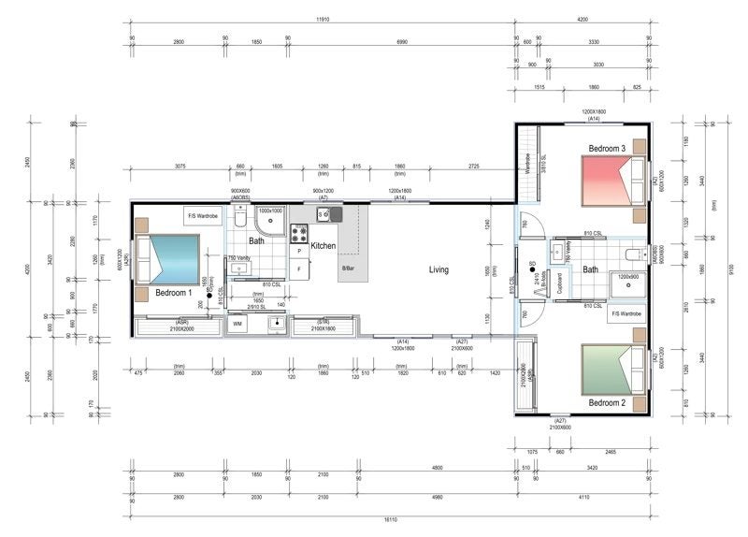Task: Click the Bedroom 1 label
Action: [174, 293]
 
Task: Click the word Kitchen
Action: [324, 246]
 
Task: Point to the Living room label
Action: [439, 270]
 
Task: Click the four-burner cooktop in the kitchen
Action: [300, 232]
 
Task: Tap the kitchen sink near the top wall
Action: [324, 214]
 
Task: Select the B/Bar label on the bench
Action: [349, 268]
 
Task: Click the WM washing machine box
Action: [237, 324]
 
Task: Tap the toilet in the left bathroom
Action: [239, 219]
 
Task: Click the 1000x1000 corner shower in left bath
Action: [270, 221]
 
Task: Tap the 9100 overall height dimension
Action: [729, 269]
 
